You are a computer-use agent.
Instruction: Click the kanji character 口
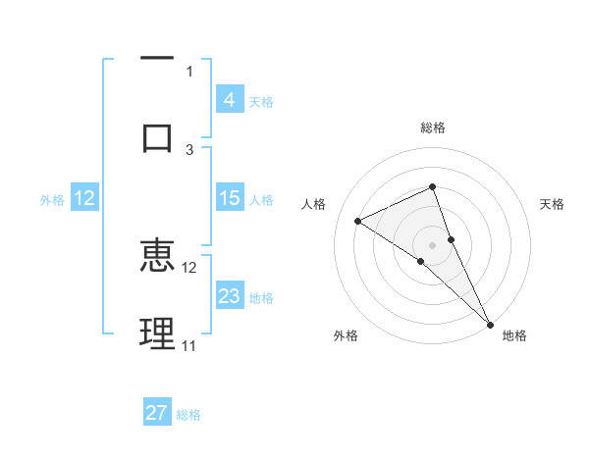(x=157, y=135)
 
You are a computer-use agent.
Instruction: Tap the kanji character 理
(x=157, y=333)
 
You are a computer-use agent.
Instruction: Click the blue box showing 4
(x=230, y=100)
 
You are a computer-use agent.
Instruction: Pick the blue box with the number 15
(x=230, y=198)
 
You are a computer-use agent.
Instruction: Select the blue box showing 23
(x=230, y=296)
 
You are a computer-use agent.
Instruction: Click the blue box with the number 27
(x=157, y=413)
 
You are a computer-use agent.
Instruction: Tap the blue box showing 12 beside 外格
(x=84, y=198)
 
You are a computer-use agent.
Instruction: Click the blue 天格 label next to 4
(x=261, y=101)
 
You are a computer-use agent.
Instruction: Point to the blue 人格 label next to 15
(x=261, y=199)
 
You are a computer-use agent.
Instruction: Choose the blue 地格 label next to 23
(x=261, y=297)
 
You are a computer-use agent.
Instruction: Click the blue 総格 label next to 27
(x=188, y=414)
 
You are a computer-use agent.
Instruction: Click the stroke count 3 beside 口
(x=189, y=149)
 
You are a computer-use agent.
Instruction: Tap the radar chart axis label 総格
(x=432, y=128)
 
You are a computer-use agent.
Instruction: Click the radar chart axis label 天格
(x=552, y=204)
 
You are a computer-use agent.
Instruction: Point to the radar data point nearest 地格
(x=490, y=323)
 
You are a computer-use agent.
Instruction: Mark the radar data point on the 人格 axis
(x=357, y=221)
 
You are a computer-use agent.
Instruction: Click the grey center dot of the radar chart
(x=432, y=244)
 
